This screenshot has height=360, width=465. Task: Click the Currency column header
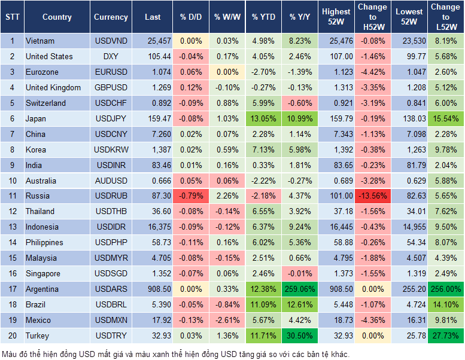[x=111, y=17]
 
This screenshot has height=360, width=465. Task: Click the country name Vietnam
[x=40, y=41]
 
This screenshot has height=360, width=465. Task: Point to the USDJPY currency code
[x=111, y=118]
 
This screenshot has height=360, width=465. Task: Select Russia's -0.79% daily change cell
[x=191, y=196]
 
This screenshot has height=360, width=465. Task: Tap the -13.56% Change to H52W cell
[x=373, y=196]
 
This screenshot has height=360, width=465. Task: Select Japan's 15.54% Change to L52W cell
[x=446, y=118]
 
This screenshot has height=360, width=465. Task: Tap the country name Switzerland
[x=45, y=103]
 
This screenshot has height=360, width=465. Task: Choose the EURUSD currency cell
[x=111, y=72]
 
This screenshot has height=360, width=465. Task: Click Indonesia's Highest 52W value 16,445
[x=336, y=227]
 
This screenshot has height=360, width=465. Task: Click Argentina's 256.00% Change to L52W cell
[x=446, y=289]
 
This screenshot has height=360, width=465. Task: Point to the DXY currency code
[x=111, y=56]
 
